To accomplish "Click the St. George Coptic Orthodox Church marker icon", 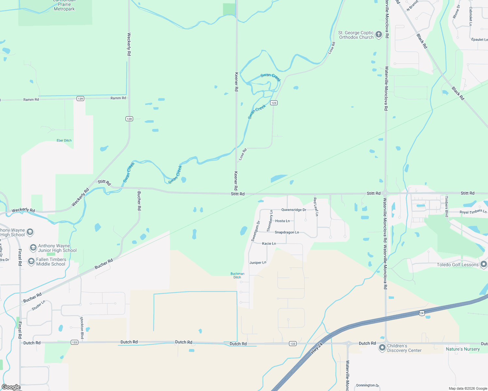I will click(378, 35).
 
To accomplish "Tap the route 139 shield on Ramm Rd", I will click(80, 98).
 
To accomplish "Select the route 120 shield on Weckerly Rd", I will click(129, 119).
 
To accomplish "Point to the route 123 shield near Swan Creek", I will click(274, 103).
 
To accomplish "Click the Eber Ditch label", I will click(64, 140).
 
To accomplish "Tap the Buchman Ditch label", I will click(237, 276).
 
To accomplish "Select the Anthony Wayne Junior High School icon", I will click(33, 248).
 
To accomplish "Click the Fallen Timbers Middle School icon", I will click(31, 262).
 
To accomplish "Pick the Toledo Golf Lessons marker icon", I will click(484, 264).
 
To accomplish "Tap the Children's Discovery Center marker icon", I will click(382, 348).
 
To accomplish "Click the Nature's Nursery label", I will click(463, 349).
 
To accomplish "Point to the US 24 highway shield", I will click(422, 313).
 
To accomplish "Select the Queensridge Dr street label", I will click(294, 210).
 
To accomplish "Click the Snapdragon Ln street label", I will click(287, 232).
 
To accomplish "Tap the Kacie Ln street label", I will click(269, 243).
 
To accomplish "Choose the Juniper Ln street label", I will click(258, 263).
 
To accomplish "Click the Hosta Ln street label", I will click(282, 221).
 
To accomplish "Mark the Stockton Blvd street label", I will click(82, 328).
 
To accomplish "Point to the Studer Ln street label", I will click(38, 305).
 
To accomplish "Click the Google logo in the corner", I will click(11, 387).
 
